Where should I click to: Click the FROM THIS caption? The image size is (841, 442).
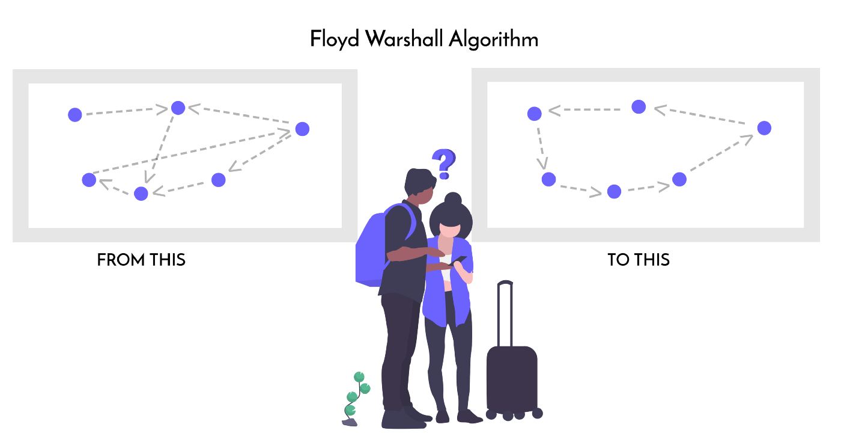(141, 260)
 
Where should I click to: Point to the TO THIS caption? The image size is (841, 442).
(639, 260)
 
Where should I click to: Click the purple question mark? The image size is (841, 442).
(444, 163)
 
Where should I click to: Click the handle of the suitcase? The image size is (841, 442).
(505, 313)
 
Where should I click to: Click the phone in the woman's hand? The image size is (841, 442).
(460, 260)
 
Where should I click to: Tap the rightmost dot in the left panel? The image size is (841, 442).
(302, 129)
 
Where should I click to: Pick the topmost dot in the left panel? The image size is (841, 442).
(178, 108)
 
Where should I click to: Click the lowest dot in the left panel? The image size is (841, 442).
(141, 193)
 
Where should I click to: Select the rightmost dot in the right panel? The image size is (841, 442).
(764, 127)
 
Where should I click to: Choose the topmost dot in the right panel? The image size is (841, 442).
(639, 106)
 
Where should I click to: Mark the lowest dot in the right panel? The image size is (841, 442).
(613, 191)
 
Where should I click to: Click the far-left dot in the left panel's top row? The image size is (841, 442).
(74, 114)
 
